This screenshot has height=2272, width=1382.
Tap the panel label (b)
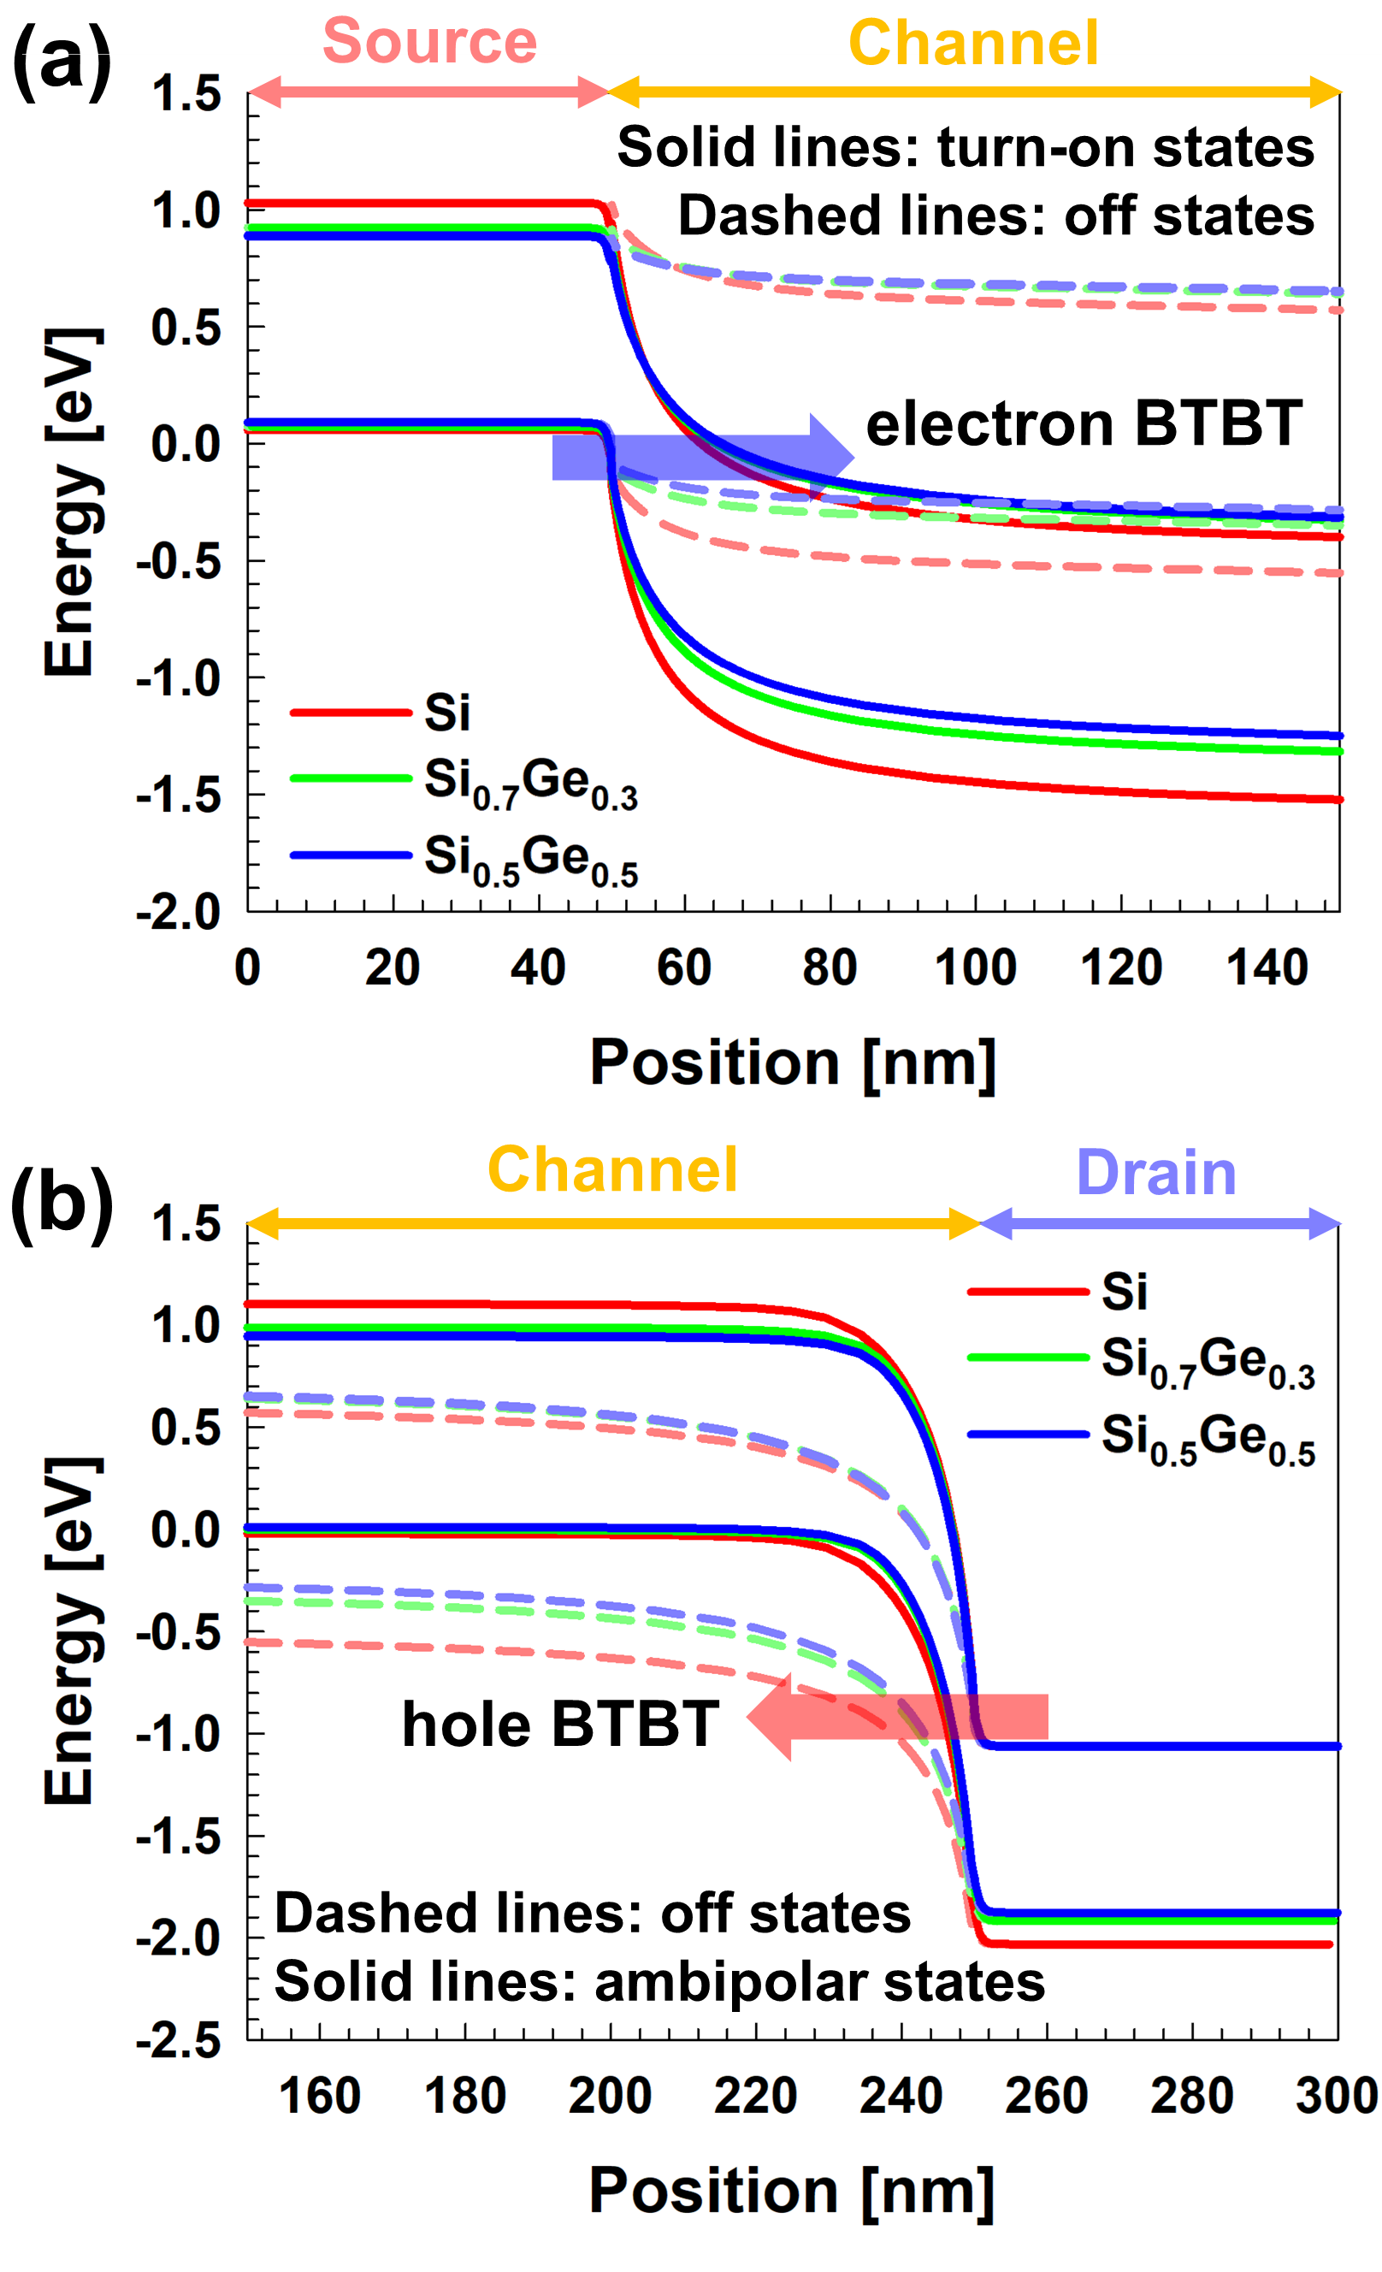tap(62, 1202)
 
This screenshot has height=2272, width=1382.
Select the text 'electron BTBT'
tap(1084, 424)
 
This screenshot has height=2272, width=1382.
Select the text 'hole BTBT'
tap(559, 1724)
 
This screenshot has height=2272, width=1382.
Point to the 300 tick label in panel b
tap(1336, 2096)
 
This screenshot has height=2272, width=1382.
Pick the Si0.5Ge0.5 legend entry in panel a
tap(530, 859)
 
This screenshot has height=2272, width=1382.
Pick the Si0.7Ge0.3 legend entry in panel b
tap(1207, 1361)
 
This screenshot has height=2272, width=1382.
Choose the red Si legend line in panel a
tap(351, 713)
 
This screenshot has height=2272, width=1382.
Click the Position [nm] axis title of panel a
tap(793, 1063)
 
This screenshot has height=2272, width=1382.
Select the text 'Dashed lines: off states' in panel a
tap(995, 216)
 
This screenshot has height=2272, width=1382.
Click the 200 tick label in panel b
tap(610, 2096)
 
